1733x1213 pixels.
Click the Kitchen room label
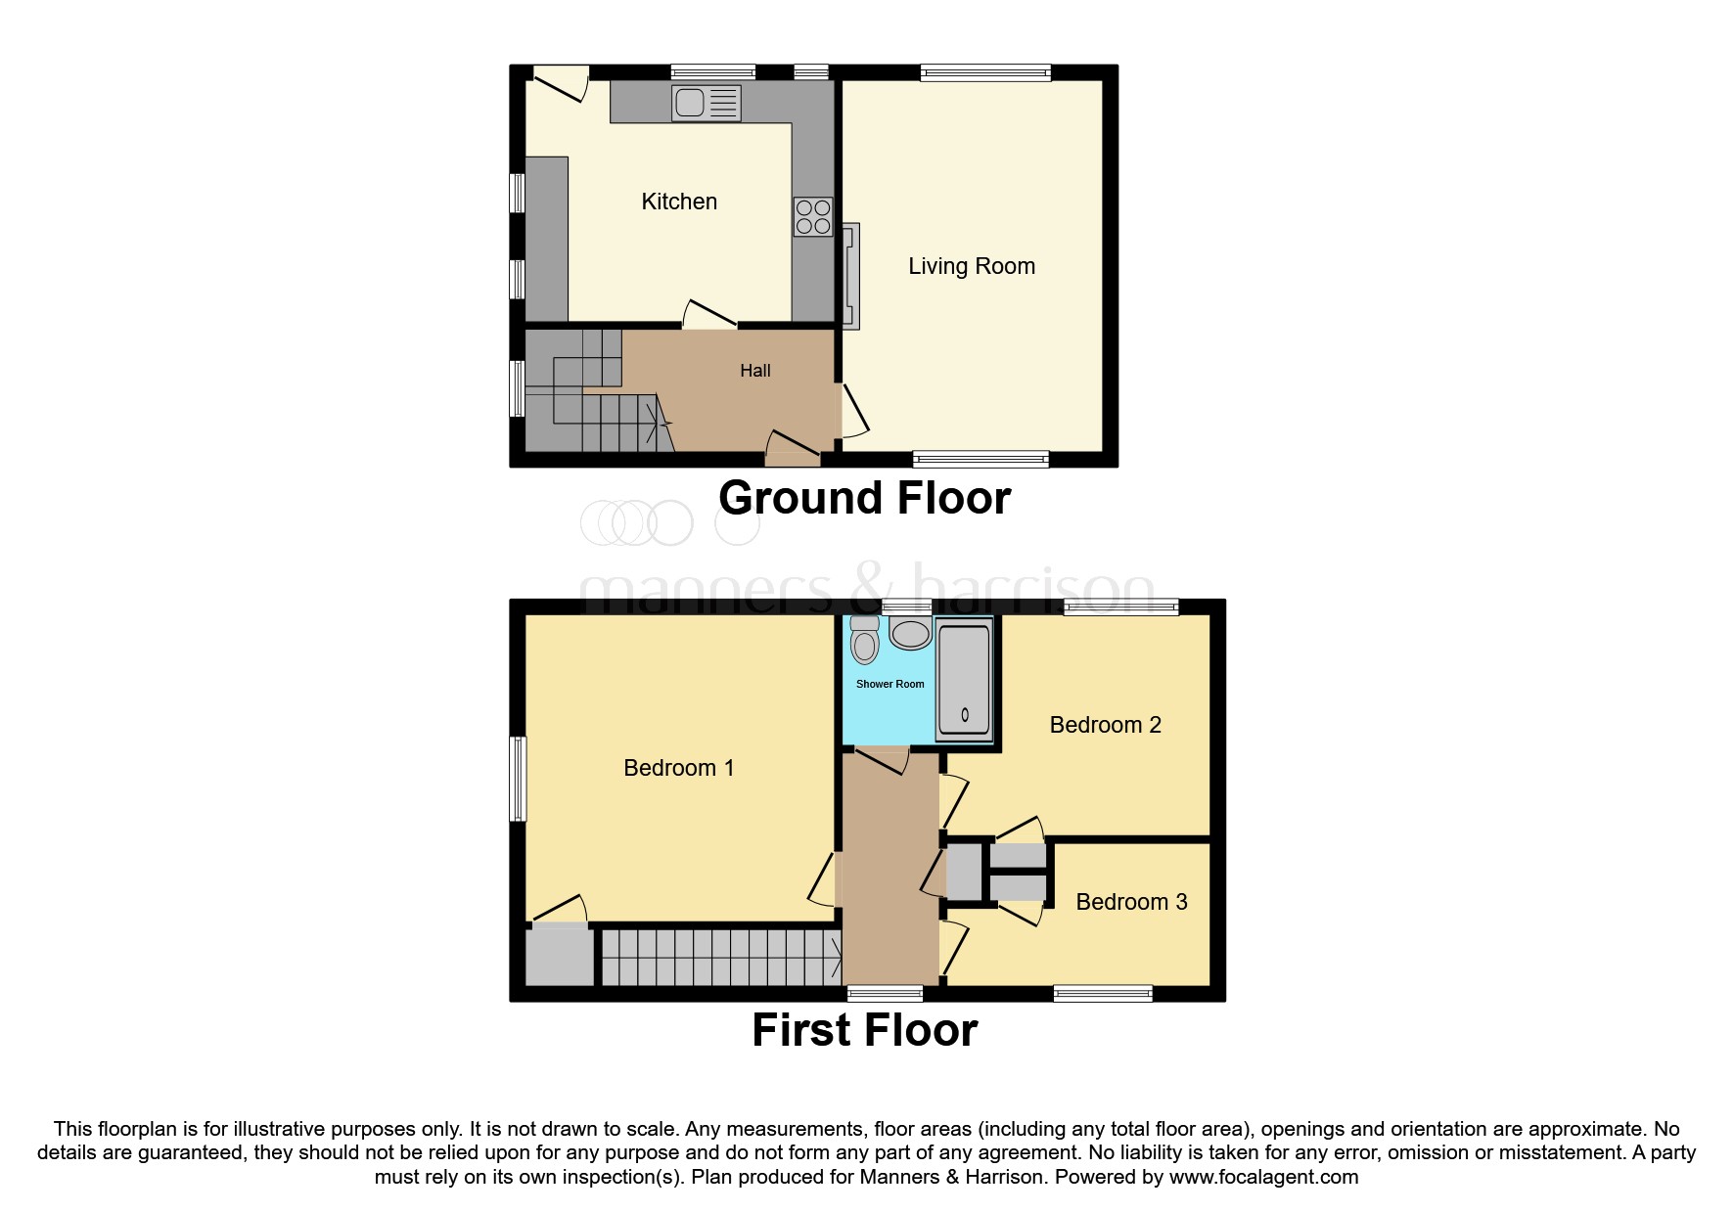point(679,202)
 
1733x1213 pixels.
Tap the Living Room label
point(971,266)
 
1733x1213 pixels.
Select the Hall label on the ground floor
point(754,371)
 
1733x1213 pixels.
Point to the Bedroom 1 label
point(678,768)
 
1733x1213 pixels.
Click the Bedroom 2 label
point(1105,725)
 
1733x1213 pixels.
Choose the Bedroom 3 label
point(1131,902)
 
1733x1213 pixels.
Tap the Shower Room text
point(889,684)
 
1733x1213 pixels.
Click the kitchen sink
point(706,103)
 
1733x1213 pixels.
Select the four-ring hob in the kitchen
point(813,216)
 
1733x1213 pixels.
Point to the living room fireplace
point(850,276)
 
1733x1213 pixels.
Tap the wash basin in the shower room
point(910,633)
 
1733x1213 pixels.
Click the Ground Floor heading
point(864,498)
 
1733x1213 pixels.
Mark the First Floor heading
point(864,1030)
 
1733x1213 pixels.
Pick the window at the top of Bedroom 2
point(1121,606)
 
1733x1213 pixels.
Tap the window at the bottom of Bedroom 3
point(1103,994)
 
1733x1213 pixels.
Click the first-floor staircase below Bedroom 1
point(719,957)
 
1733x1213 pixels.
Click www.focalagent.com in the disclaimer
point(1263,1177)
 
